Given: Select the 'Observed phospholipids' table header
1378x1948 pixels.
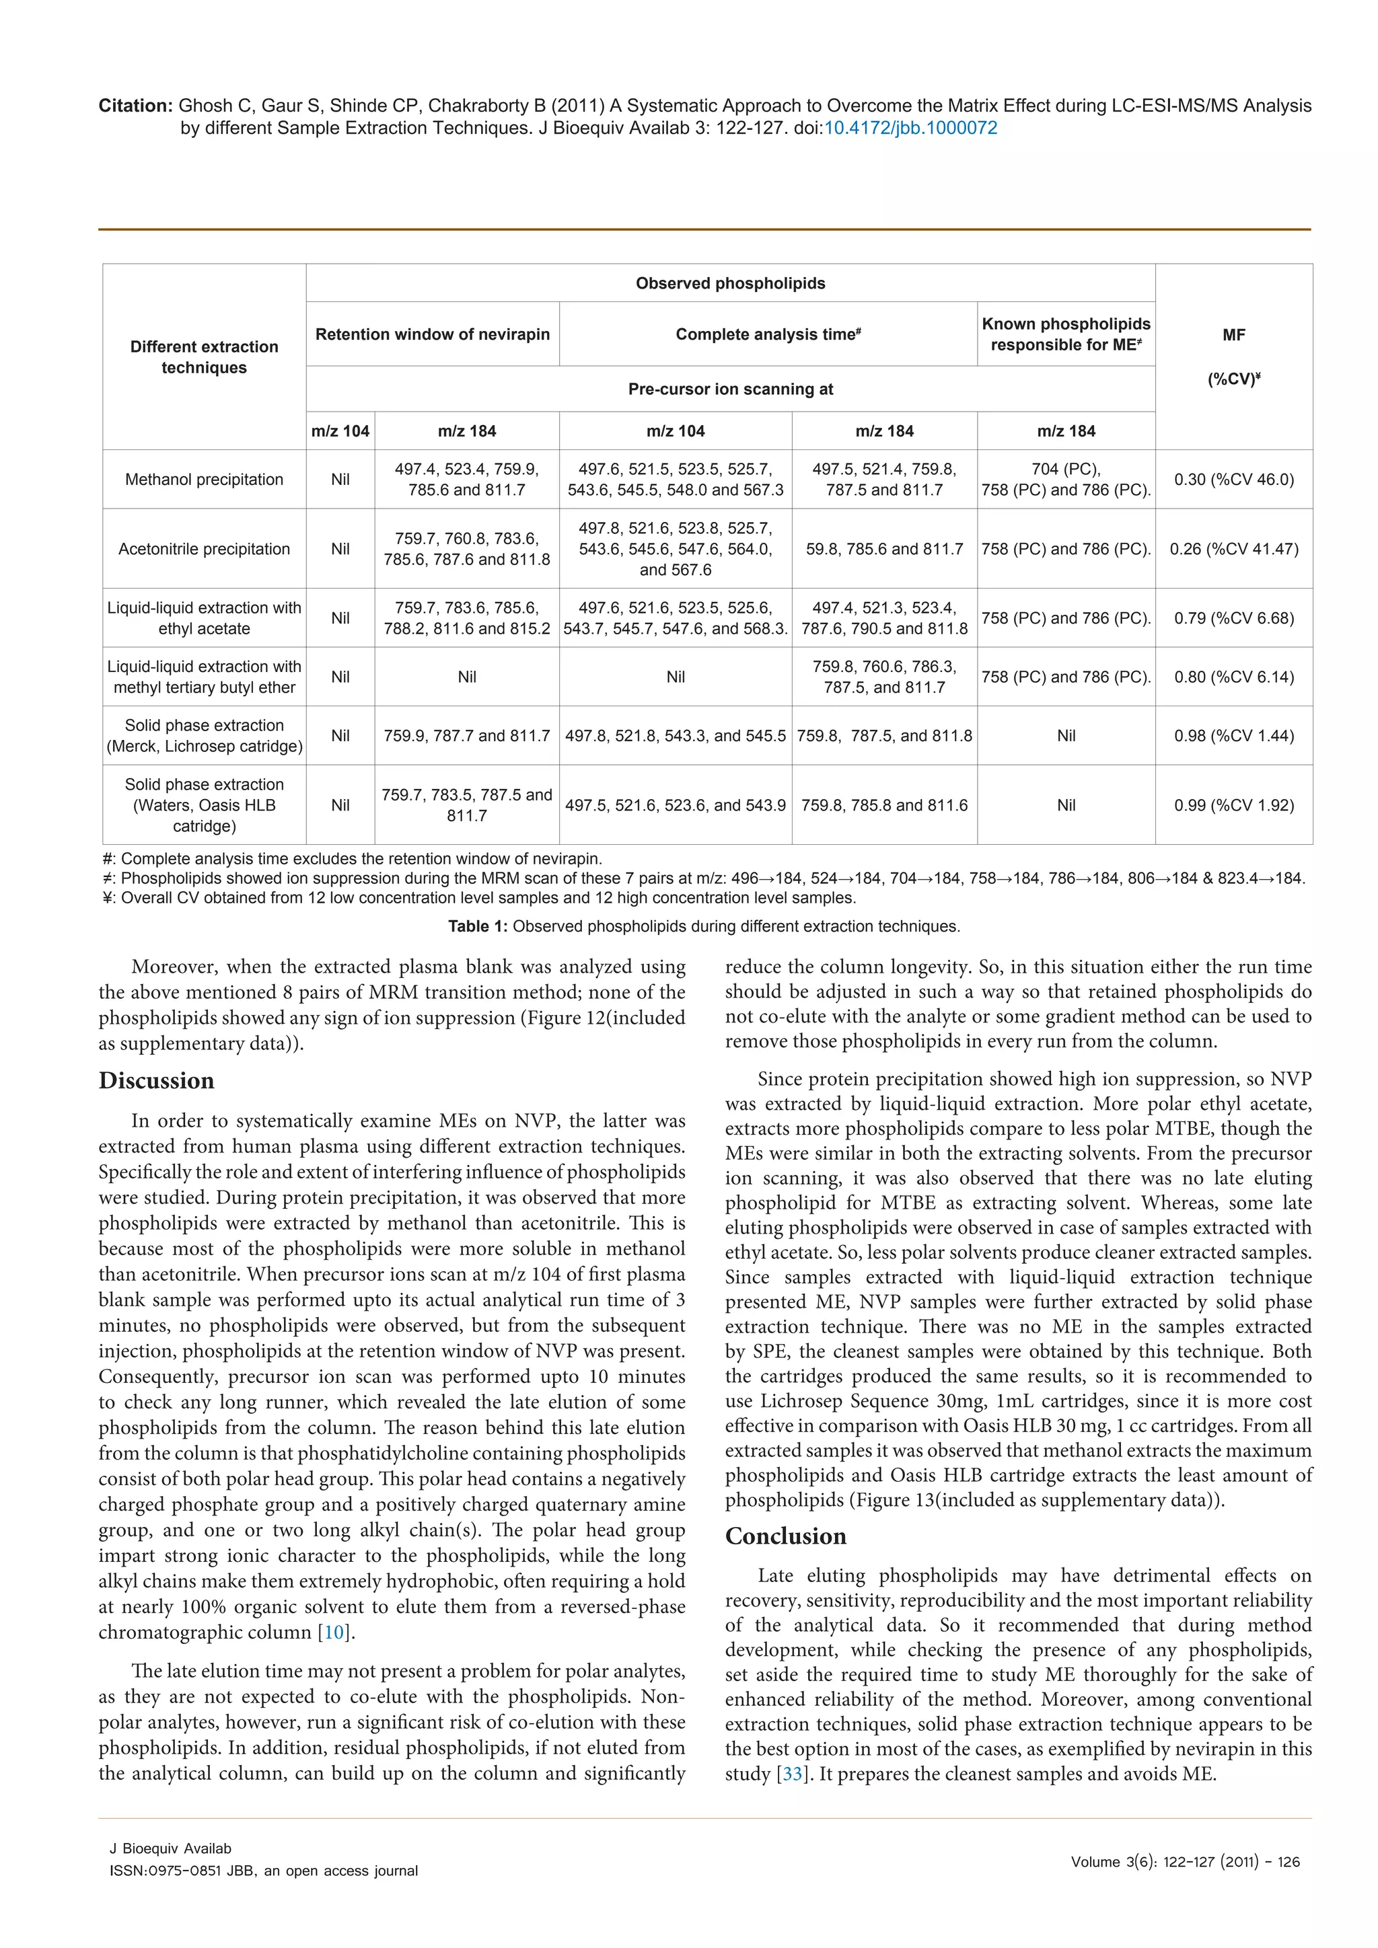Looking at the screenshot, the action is [730, 283].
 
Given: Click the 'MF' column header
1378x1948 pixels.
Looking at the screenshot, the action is [1234, 335].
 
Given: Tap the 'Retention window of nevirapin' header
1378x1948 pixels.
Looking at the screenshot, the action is [433, 334].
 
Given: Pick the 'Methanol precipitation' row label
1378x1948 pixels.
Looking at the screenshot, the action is [204, 480].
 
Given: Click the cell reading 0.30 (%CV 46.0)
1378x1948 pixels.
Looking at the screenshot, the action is [1234, 480].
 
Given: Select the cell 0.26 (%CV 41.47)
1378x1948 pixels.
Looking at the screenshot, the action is [1234, 549].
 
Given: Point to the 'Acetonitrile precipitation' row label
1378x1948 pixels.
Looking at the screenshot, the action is [204, 549].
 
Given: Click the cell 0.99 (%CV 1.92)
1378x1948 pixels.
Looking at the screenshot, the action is [1234, 805].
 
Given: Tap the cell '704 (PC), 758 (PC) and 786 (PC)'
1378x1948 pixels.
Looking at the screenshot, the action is [1066, 480].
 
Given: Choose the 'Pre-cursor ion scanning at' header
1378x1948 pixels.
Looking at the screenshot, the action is [730, 389].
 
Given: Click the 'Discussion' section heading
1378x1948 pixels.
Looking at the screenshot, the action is [156, 1081].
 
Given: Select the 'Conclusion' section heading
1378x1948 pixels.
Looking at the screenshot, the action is [785, 1536].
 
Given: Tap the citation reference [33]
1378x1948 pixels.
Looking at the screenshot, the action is [792, 1774].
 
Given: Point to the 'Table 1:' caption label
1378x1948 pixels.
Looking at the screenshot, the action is [478, 926].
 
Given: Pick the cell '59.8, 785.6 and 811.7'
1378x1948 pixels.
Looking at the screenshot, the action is [884, 549].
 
